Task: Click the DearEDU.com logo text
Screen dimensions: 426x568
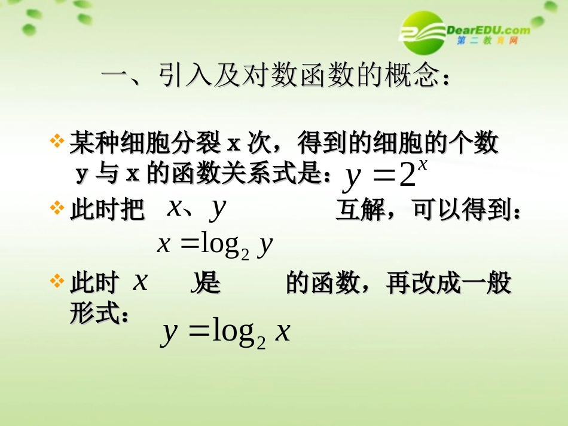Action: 488,29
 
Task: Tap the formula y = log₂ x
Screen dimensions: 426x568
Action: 225,332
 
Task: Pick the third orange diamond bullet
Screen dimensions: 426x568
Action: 57,281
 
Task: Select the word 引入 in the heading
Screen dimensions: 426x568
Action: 181,76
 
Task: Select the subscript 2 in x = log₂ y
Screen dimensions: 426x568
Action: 245,253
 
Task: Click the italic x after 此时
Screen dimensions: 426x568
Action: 140,281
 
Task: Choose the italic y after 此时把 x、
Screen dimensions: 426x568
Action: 219,208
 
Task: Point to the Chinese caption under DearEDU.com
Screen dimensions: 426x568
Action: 487,41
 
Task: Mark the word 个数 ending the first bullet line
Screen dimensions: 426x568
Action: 478,143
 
